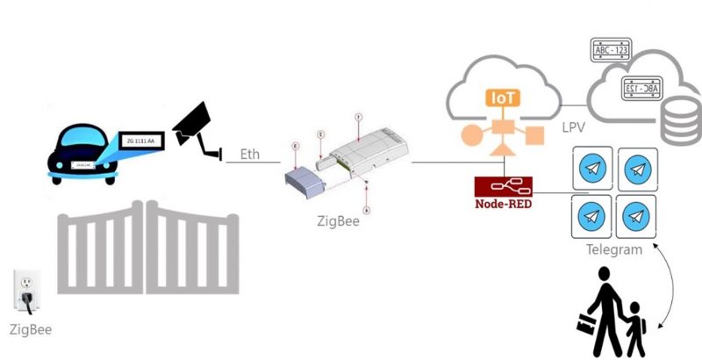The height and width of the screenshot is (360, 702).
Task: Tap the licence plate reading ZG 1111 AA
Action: pyautogui.click(x=140, y=139)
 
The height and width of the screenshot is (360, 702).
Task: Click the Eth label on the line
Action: pyautogui.click(x=249, y=155)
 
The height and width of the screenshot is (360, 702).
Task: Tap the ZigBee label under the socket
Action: pyautogui.click(x=30, y=330)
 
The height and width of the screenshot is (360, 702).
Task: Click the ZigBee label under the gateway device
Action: pyautogui.click(x=338, y=221)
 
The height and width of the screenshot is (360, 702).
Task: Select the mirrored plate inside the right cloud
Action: pyautogui.click(x=641, y=89)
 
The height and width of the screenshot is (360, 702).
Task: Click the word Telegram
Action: pyautogui.click(x=613, y=250)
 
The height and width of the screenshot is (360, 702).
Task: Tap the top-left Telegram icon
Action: pyautogui.click(x=591, y=167)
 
